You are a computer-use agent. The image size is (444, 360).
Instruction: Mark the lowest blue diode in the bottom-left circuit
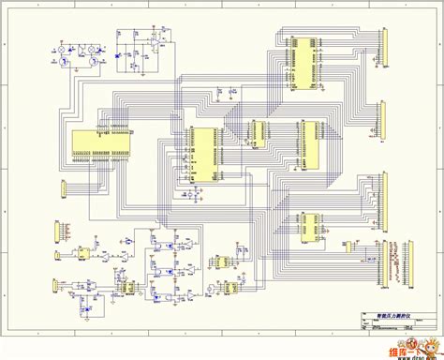click(x=89, y=301)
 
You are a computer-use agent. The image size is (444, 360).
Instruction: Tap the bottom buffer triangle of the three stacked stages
click(x=188, y=295)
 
